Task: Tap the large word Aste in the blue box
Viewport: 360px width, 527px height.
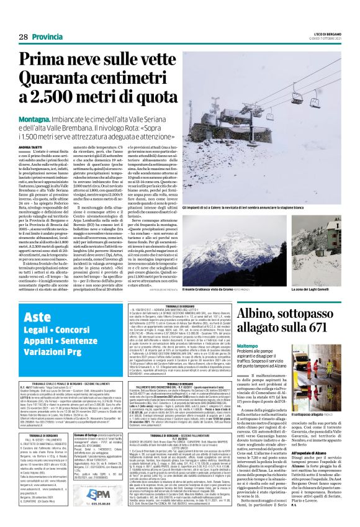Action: click(38, 318)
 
